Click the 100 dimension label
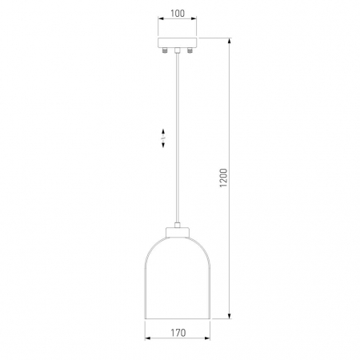point(178,14)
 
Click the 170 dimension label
point(178,333)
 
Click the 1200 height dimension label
point(223,178)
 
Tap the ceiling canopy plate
point(178,42)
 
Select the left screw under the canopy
point(165,50)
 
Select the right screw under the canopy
point(190,50)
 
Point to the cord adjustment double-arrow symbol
point(163,138)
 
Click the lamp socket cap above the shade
point(178,232)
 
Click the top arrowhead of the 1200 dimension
point(230,41)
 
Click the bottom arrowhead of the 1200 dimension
point(230,315)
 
